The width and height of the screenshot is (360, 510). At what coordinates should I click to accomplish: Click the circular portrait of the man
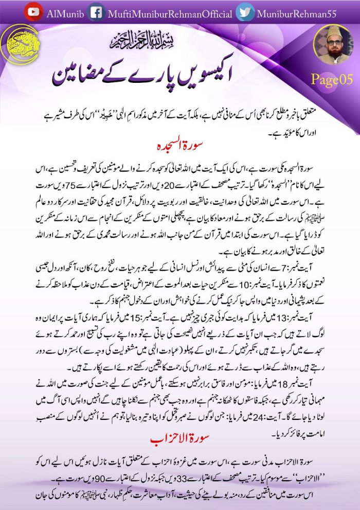pyautogui.click(x=333, y=45)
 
